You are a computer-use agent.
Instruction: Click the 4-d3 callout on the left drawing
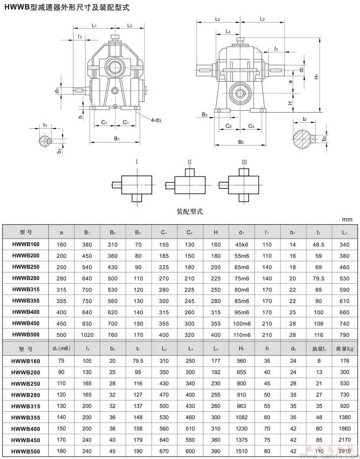coord(156,120)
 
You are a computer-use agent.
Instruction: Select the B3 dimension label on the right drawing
coord(204,115)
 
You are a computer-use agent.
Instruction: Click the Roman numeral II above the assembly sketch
coord(190,162)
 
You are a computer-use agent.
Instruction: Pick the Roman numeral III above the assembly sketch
coord(244,162)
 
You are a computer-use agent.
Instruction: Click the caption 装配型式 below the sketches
coord(190,212)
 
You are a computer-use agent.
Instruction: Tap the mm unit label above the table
coord(348,219)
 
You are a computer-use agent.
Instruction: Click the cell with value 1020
coord(87,335)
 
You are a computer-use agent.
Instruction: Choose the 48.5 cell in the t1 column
coord(318,245)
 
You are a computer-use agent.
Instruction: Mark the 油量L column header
coord(319,349)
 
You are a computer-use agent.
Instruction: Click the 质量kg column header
coord(344,349)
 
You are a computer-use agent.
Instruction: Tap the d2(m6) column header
coord(62,349)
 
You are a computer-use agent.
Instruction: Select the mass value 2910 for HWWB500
coord(344,451)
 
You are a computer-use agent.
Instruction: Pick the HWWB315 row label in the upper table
coord(26,290)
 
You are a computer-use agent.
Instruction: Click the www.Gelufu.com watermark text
coord(331,453)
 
